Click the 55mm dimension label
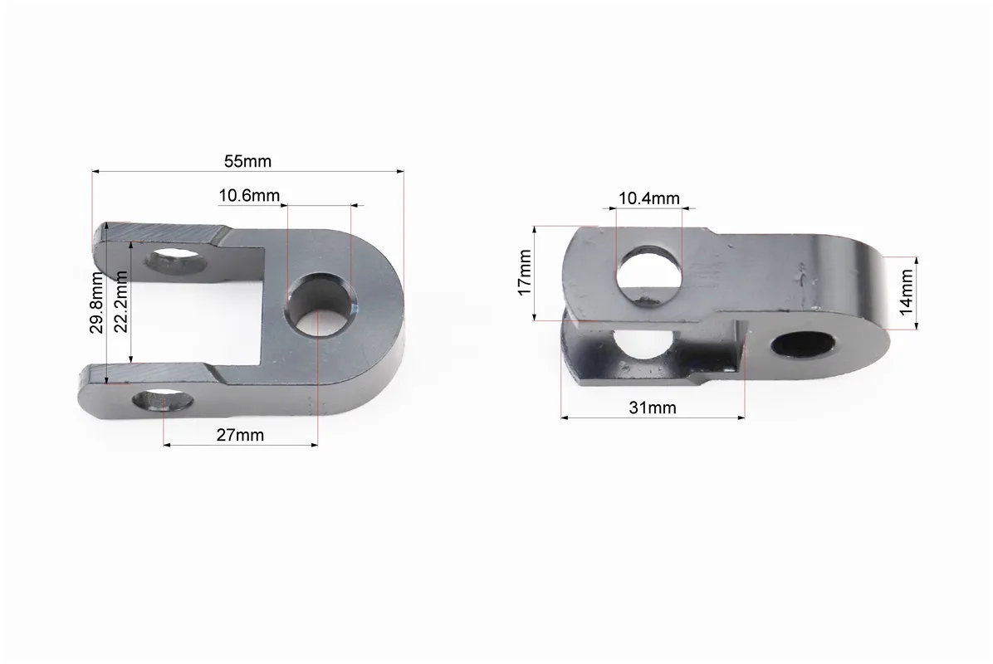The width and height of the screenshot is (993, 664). [247, 161]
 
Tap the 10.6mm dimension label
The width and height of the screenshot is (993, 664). [249, 196]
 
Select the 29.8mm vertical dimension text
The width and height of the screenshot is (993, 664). [96, 303]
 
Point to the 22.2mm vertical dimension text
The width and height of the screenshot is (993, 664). [121, 301]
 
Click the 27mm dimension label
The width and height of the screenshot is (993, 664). [240, 436]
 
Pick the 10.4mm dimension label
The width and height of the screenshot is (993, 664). [649, 198]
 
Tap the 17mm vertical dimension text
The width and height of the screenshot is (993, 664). [524, 273]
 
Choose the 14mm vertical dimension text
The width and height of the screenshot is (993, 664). [906, 292]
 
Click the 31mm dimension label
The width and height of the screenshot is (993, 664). [653, 408]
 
